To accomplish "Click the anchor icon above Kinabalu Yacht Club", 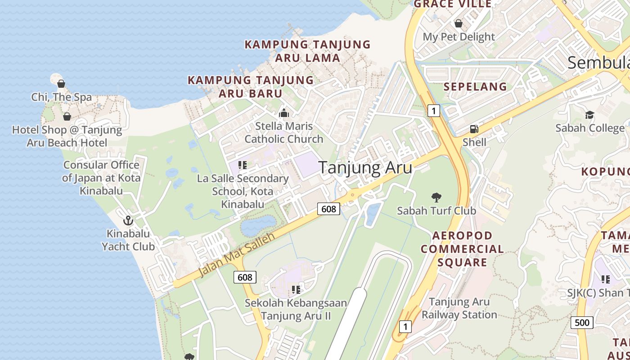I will click(128, 220).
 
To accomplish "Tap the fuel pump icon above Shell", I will click(474, 129).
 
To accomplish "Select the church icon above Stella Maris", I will click(283, 112).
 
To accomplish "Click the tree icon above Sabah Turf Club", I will click(436, 197).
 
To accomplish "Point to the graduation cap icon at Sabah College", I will click(589, 115).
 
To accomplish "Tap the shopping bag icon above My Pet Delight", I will click(459, 23).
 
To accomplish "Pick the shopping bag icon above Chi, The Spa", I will click(61, 84).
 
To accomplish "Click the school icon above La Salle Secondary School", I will click(243, 165).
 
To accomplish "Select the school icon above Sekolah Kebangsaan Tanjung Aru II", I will click(296, 289).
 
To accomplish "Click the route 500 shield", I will click(582, 322).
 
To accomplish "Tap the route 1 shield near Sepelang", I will click(433, 110).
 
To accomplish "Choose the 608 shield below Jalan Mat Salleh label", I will click(245, 277).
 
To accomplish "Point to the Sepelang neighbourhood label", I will click(475, 87).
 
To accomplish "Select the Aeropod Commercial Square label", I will click(462, 249).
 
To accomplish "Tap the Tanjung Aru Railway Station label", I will click(459, 308).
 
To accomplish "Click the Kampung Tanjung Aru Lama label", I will click(307, 51).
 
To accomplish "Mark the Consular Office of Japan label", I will click(101, 178).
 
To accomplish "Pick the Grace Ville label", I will click(452, 4).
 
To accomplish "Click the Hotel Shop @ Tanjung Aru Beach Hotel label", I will click(67, 136).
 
